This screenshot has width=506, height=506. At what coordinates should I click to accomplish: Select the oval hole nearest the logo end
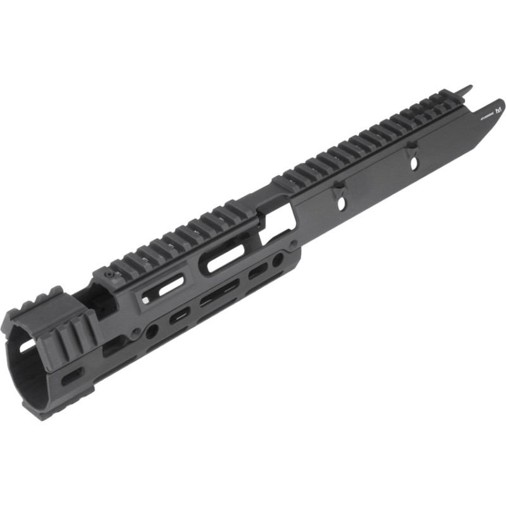[414, 163]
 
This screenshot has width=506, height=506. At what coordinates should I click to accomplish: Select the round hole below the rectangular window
[278, 259]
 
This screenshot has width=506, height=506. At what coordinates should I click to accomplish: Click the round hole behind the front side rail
[152, 330]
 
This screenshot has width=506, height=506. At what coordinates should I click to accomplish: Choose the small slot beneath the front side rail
[71, 375]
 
